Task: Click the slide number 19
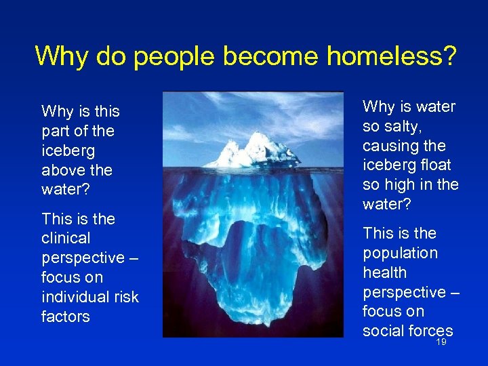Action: pos(441,343)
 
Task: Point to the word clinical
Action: pos(66,239)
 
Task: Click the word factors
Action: pos(66,317)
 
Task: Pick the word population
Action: pos(400,253)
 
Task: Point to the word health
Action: pos(385,272)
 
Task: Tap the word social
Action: pos(383,331)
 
